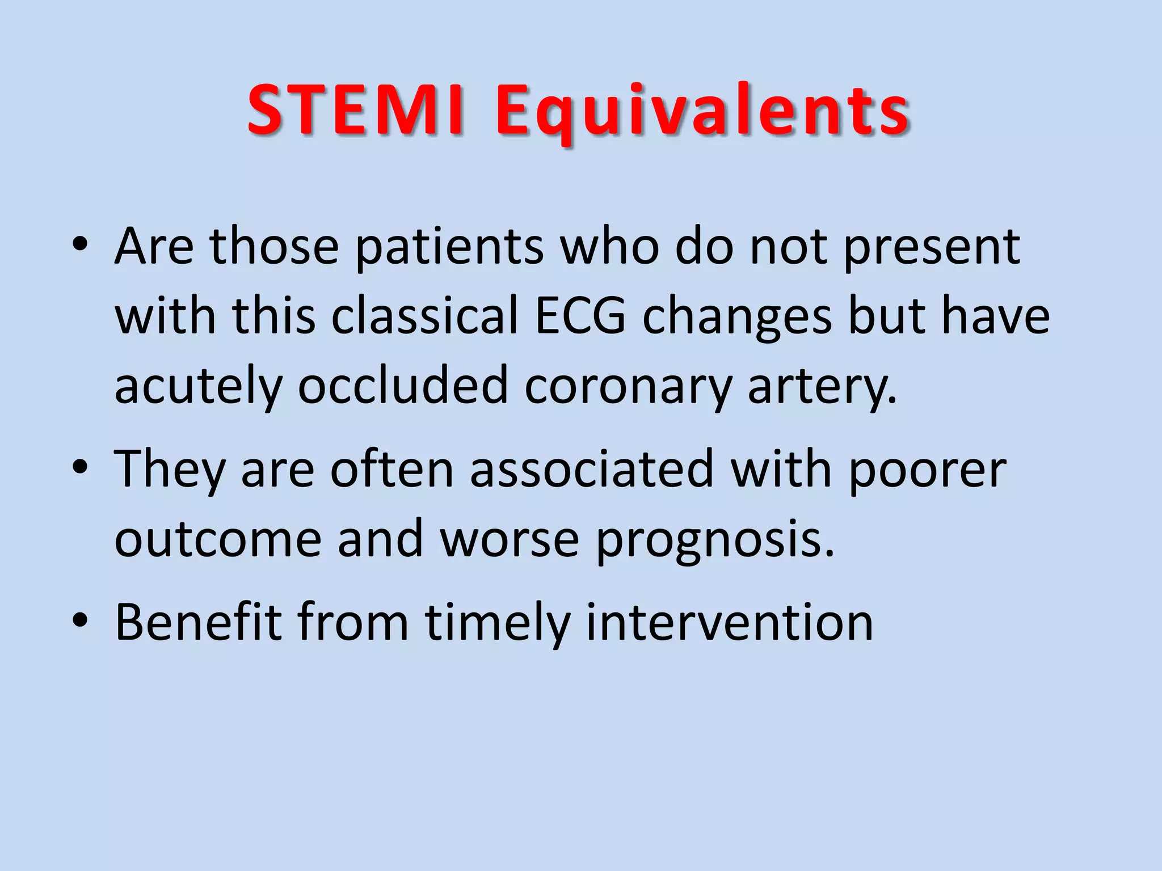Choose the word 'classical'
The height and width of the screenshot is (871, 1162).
[425, 316]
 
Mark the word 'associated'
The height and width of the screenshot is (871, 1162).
[591, 469]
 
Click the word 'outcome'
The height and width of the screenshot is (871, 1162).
[218, 539]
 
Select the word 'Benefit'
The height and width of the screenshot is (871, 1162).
[199, 622]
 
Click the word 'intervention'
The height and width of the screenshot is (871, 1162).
[729, 622]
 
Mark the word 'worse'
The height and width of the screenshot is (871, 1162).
[510, 539]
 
